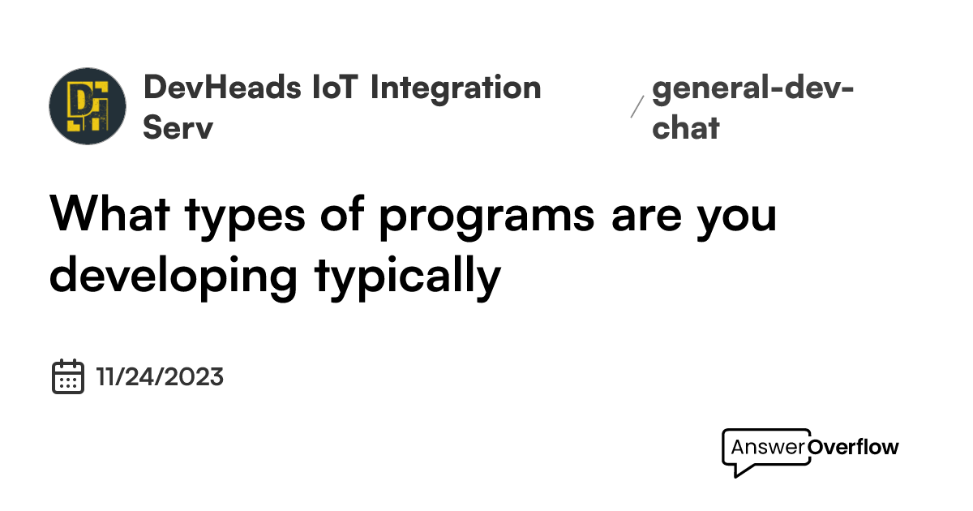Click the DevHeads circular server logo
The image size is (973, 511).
[88, 106]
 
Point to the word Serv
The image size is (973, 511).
[178, 128]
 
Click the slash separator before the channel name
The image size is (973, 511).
[637, 106]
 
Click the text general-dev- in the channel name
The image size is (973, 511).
[752, 88]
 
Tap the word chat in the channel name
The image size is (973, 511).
[685, 128]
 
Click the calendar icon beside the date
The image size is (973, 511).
[69, 376]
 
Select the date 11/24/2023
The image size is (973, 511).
[160, 377]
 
